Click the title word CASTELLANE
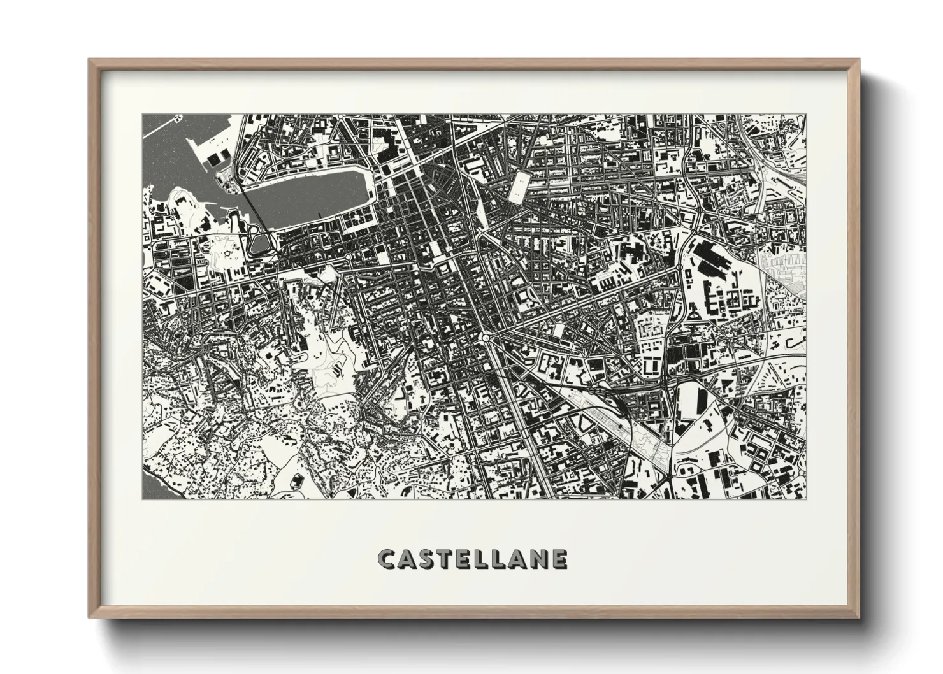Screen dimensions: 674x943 tap(472, 559)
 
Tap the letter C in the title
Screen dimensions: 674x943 tap(386, 559)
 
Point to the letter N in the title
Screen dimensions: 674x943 tap(537, 559)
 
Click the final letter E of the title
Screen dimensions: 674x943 tap(559, 559)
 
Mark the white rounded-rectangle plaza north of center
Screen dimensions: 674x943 tap(519, 185)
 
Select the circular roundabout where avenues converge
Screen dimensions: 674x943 tap(486, 336)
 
